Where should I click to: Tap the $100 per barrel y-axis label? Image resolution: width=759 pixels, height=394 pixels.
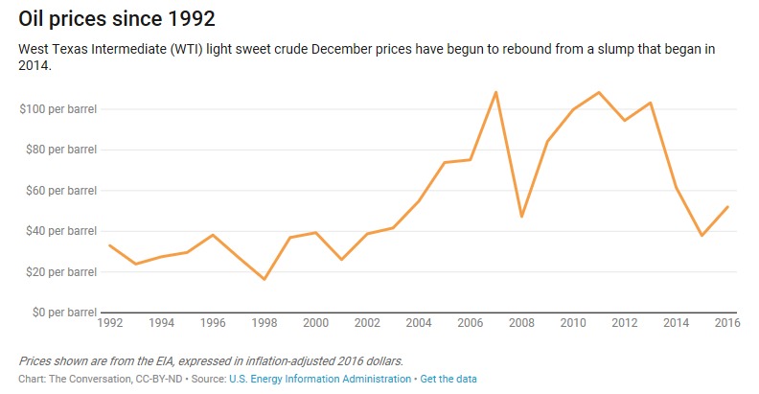pos(57,108)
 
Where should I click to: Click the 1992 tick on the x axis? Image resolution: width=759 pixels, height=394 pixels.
pos(110,324)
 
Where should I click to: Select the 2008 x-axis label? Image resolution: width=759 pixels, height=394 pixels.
pos(522,324)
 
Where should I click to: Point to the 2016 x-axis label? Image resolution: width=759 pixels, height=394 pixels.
pos(728,324)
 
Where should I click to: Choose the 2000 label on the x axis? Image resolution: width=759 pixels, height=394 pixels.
pos(316,324)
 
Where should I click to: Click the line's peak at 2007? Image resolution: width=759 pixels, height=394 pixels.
pos(495,92)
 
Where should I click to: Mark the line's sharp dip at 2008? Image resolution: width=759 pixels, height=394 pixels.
pos(522,217)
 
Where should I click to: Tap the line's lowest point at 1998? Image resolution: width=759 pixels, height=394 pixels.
pos(264,279)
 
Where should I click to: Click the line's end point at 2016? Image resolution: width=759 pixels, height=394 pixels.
pos(728,206)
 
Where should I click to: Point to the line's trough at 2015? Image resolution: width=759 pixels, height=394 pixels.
pos(702,235)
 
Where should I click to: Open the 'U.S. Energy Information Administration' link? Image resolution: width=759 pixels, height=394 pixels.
pos(319,379)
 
